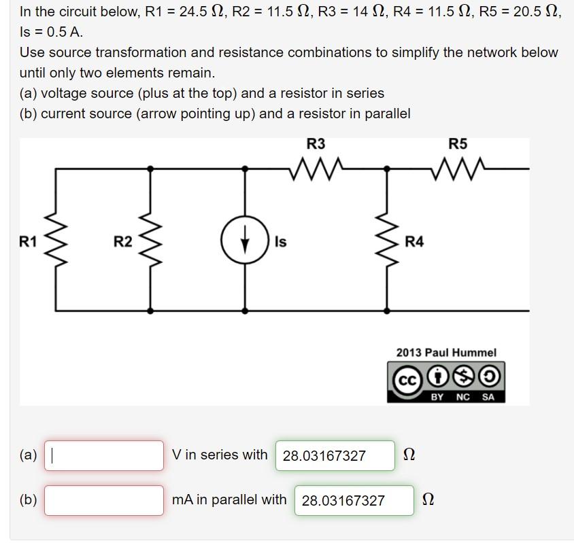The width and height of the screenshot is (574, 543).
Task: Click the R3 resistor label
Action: [316, 143]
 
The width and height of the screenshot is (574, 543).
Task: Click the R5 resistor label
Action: [458, 143]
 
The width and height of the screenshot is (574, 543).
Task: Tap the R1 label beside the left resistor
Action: [28, 241]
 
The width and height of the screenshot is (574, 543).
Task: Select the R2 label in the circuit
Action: [122, 241]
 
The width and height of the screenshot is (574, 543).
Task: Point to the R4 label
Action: [414, 241]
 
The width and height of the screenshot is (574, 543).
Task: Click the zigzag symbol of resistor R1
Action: [55, 241]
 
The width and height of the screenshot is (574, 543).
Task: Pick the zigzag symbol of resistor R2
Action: [150, 241]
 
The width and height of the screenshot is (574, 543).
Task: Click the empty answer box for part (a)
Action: [104, 455]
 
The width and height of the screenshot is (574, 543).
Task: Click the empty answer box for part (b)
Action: [104, 500]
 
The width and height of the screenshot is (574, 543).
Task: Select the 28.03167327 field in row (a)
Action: [335, 455]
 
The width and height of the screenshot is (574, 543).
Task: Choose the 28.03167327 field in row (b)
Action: [354, 500]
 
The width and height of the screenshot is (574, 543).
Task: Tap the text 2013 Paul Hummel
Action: [446, 352]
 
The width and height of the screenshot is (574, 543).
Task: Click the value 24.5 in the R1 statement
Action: [192, 12]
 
